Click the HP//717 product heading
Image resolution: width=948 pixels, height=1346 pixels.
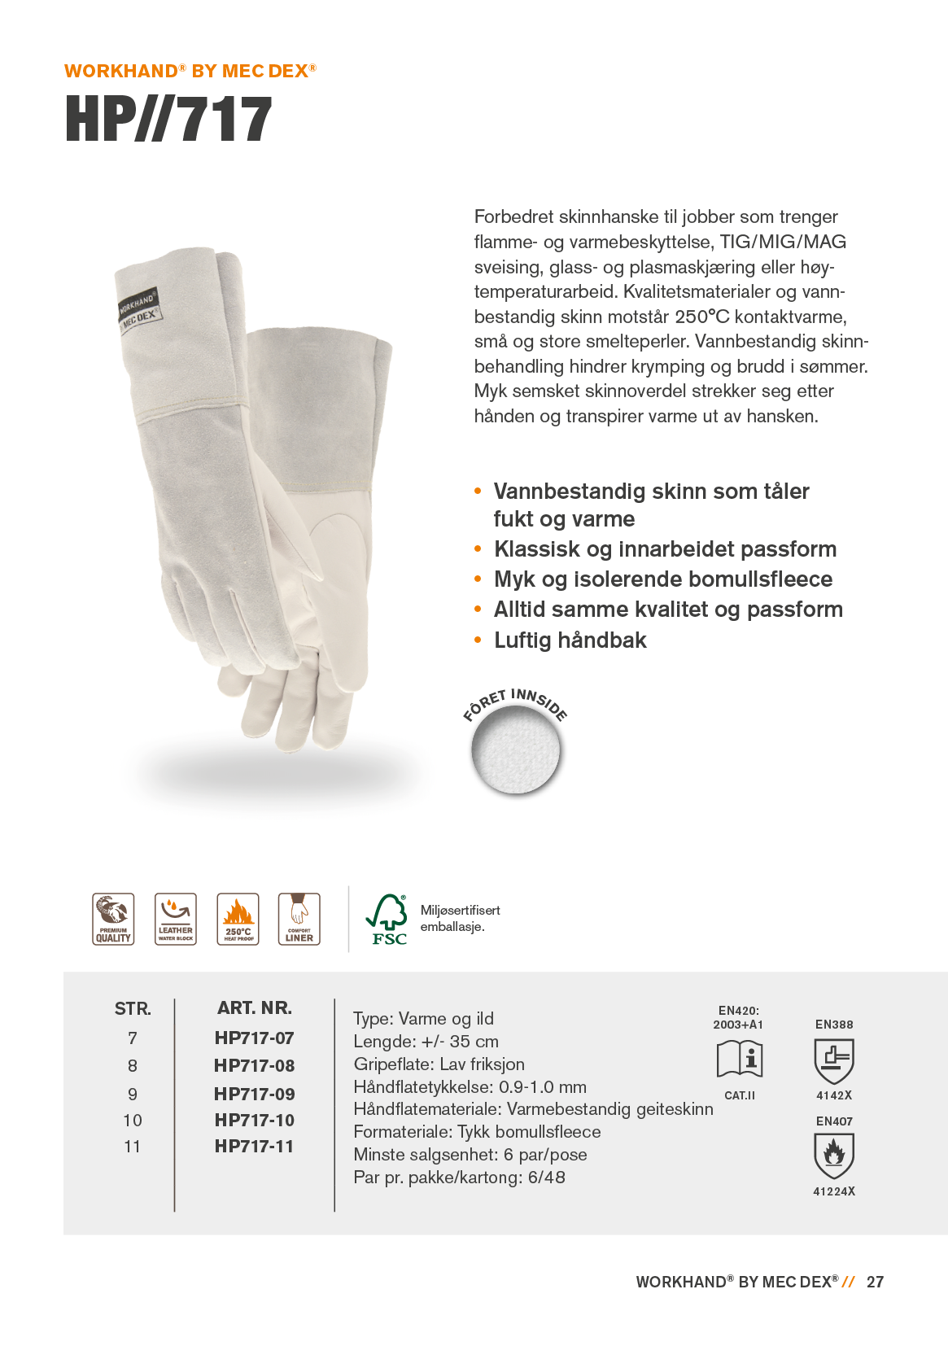pyautogui.click(x=168, y=119)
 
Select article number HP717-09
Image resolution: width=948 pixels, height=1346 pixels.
pyautogui.click(x=254, y=1094)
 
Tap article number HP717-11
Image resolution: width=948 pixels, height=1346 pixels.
pyautogui.click(x=254, y=1146)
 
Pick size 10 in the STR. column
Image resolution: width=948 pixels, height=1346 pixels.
pyautogui.click(x=133, y=1121)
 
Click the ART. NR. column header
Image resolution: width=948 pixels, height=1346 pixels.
pyautogui.click(x=254, y=1008)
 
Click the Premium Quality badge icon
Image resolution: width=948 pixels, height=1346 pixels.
pyautogui.click(x=113, y=919)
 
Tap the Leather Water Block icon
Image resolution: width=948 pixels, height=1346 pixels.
pyautogui.click(x=176, y=919)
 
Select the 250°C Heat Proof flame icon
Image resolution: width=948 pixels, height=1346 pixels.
pyautogui.click(x=238, y=919)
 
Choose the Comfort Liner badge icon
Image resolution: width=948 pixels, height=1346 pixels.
pyautogui.click(x=299, y=919)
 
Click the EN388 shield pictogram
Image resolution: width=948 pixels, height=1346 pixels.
pyautogui.click(x=834, y=1060)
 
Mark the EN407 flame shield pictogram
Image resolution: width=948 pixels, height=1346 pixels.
pyautogui.click(x=834, y=1156)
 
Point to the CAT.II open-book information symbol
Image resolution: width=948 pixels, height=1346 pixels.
pyautogui.click(x=740, y=1059)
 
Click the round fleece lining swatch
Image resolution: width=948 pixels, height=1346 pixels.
pyautogui.click(x=516, y=749)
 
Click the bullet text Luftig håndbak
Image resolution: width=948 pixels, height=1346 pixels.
pyautogui.click(x=570, y=640)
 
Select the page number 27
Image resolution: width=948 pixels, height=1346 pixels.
pyautogui.click(x=875, y=1282)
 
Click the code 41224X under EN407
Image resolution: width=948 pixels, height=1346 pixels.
pyautogui.click(x=834, y=1191)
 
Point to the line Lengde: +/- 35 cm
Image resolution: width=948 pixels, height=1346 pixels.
pyautogui.click(x=426, y=1042)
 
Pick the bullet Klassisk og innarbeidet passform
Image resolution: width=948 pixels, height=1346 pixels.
pyautogui.click(x=665, y=549)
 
